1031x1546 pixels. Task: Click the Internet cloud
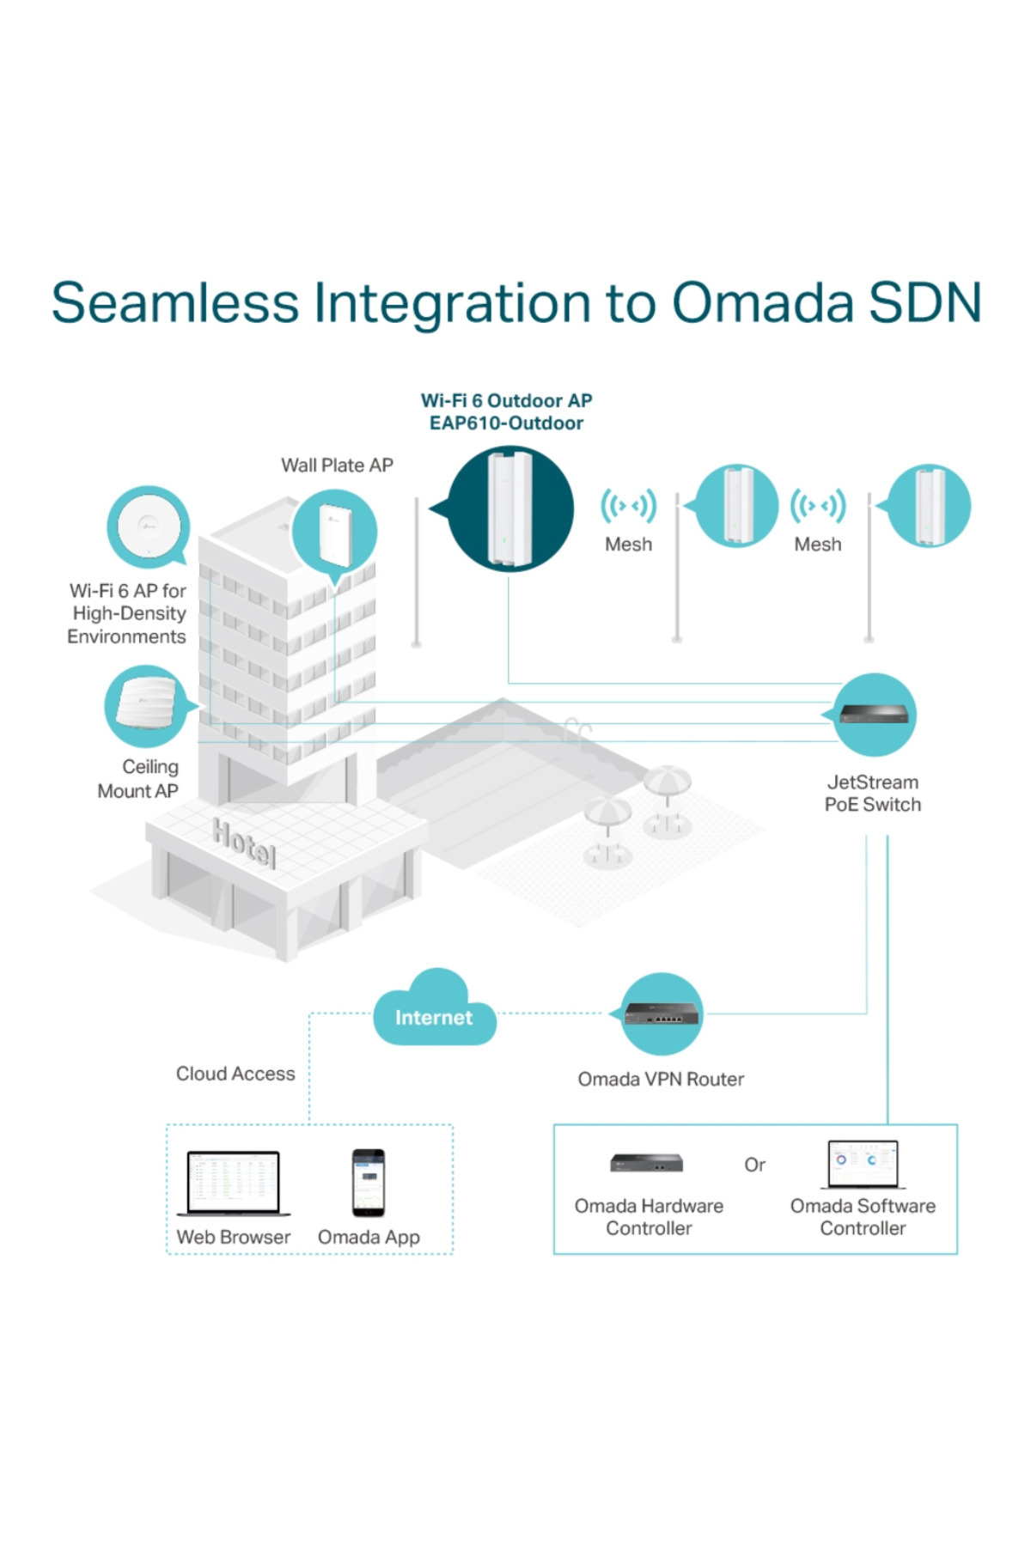click(x=434, y=1013)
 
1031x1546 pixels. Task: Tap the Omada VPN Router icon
click(x=661, y=1014)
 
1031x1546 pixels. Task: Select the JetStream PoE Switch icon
click(x=873, y=715)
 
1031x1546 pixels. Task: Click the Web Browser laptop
click(x=234, y=1183)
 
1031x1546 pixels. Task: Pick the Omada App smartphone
click(x=369, y=1183)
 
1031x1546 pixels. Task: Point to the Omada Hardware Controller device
click(x=647, y=1164)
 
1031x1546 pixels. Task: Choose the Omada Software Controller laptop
click(x=863, y=1164)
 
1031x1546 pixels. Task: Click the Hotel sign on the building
click(x=245, y=843)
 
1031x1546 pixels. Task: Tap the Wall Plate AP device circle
click(x=334, y=533)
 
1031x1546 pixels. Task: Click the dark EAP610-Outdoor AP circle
click(x=510, y=508)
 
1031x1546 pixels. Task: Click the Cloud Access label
click(x=235, y=1074)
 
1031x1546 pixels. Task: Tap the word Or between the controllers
click(x=754, y=1165)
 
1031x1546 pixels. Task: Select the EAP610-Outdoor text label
click(x=506, y=423)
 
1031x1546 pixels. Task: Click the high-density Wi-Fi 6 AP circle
click(x=148, y=526)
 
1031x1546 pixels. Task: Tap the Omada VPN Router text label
click(x=661, y=1079)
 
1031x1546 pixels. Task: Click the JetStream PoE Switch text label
click(x=873, y=794)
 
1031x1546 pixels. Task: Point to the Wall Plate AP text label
click(x=337, y=466)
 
